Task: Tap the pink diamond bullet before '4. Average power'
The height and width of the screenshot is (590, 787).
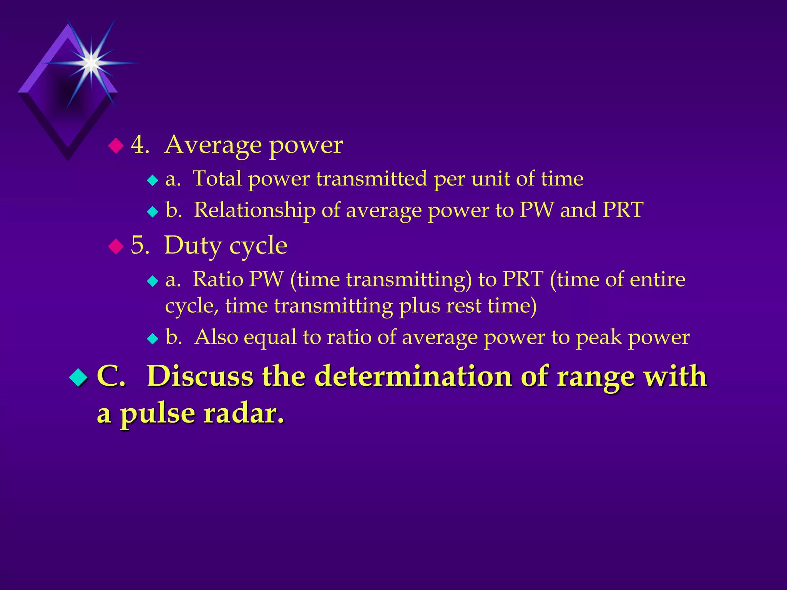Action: click(x=116, y=146)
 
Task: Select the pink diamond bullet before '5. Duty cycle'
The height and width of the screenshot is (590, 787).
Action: click(x=116, y=246)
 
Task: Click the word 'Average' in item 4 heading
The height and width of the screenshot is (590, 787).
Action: click(x=213, y=145)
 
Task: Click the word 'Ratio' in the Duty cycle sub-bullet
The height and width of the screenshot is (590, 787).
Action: click(x=218, y=279)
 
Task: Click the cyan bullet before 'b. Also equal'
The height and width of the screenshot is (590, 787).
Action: click(x=153, y=338)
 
